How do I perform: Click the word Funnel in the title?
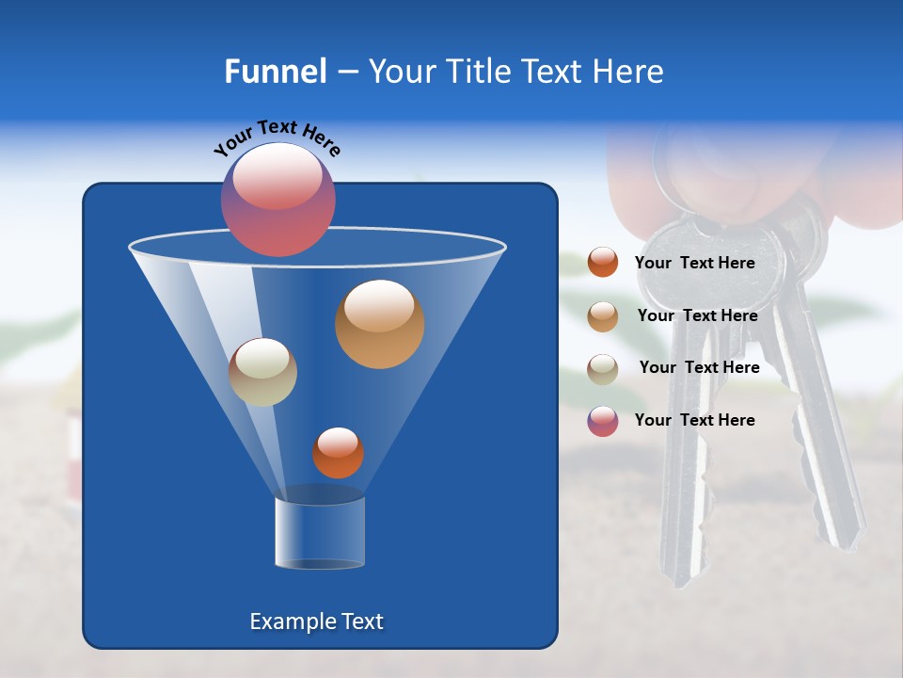point(275,72)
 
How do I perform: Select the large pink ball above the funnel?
point(278,199)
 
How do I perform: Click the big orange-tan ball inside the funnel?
point(379,324)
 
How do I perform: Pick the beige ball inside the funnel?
point(262,372)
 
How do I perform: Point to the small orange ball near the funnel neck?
point(338,452)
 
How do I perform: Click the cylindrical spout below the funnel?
point(319,532)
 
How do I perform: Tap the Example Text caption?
point(316,621)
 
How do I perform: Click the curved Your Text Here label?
point(277,137)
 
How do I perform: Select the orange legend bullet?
point(603,263)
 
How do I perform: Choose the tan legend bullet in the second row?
point(603,316)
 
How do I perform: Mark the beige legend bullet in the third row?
point(603,369)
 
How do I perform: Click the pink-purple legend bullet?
point(603,421)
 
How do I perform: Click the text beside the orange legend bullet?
point(694,264)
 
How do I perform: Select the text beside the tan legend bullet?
point(697,316)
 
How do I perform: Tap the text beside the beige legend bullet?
point(699,368)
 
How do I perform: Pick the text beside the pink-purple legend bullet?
point(694,420)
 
